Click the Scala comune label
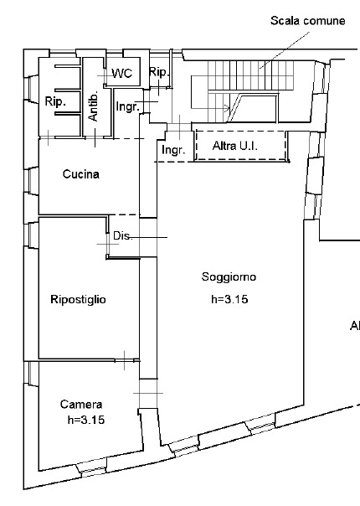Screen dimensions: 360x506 (x=307, y=21)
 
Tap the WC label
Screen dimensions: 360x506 (x=122, y=73)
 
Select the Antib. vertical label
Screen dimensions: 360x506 (x=93, y=106)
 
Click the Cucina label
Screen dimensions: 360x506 (x=80, y=174)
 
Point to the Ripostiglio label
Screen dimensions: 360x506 (x=78, y=299)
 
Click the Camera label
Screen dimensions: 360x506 (x=81, y=405)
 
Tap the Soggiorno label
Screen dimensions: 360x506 (x=229, y=277)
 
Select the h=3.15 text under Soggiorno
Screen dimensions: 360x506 (x=229, y=299)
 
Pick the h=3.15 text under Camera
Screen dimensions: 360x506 (x=85, y=420)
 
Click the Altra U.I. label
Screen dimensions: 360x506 (x=235, y=146)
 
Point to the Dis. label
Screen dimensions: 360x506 (x=122, y=236)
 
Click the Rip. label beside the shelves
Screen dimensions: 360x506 (x=55, y=101)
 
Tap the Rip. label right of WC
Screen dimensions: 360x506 (x=159, y=72)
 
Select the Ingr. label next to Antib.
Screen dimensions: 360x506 (x=128, y=106)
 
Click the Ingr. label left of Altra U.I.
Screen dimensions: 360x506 (x=173, y=150)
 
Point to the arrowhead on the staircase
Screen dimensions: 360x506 (x=227, y=108)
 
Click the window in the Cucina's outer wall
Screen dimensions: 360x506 (x=31, y=181)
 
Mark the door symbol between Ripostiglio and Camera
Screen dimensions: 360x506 (x=125, y=360)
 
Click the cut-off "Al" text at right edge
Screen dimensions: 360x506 (x=355, y=326)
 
